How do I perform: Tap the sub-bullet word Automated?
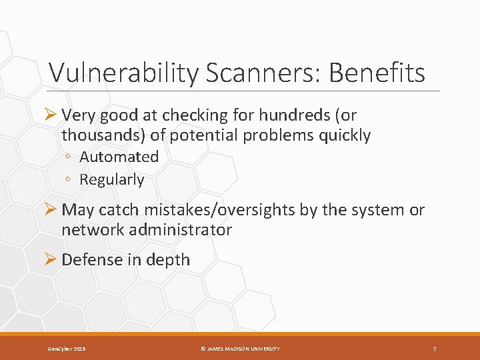119,157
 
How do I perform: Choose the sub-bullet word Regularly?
111,179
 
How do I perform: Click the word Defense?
90,260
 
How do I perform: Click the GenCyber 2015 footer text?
66,349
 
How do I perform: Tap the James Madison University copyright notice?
241,349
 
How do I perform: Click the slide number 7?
434,349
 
